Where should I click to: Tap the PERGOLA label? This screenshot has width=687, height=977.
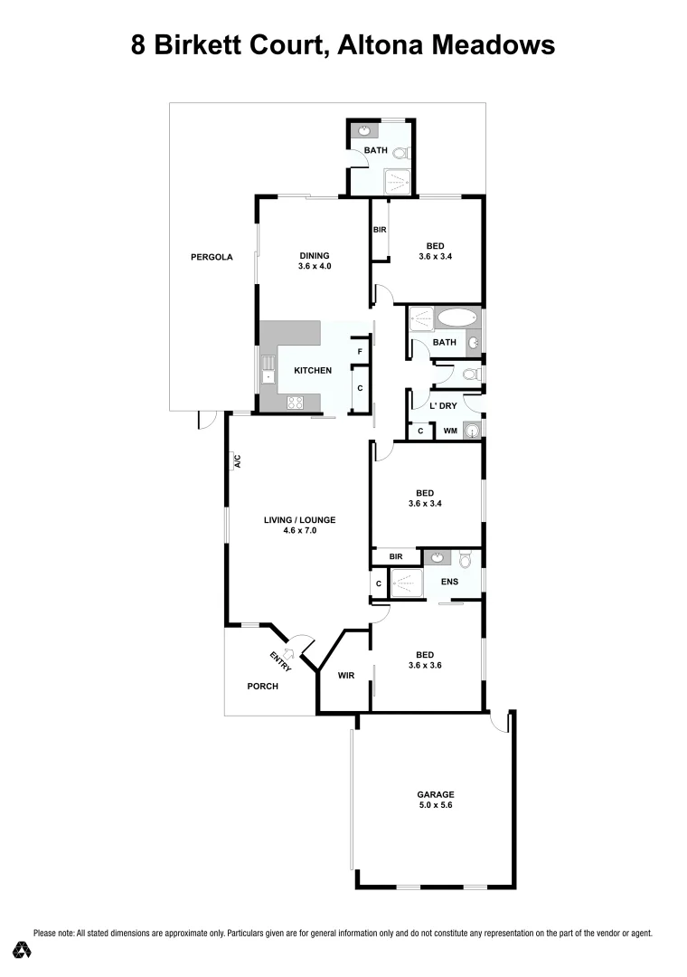click(212, 257)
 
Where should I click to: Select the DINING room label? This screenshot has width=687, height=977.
click(315, 255)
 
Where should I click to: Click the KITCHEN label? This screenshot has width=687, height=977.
click(312, 370)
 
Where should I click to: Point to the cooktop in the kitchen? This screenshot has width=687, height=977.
click(295, 403)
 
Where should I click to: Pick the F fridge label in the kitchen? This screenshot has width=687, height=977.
click(360, 351)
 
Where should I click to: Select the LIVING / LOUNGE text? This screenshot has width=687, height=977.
click(299, 520)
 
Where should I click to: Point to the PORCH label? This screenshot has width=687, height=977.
click(263, 686)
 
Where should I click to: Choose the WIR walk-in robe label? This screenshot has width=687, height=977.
click(345, 675)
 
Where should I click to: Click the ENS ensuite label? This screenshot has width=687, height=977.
click(449, 582)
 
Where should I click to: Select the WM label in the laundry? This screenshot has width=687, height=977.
click(449, 432)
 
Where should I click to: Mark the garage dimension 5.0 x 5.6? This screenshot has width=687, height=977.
click(436, 805)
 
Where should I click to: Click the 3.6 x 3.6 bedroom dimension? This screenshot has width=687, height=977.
click(424, 666)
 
